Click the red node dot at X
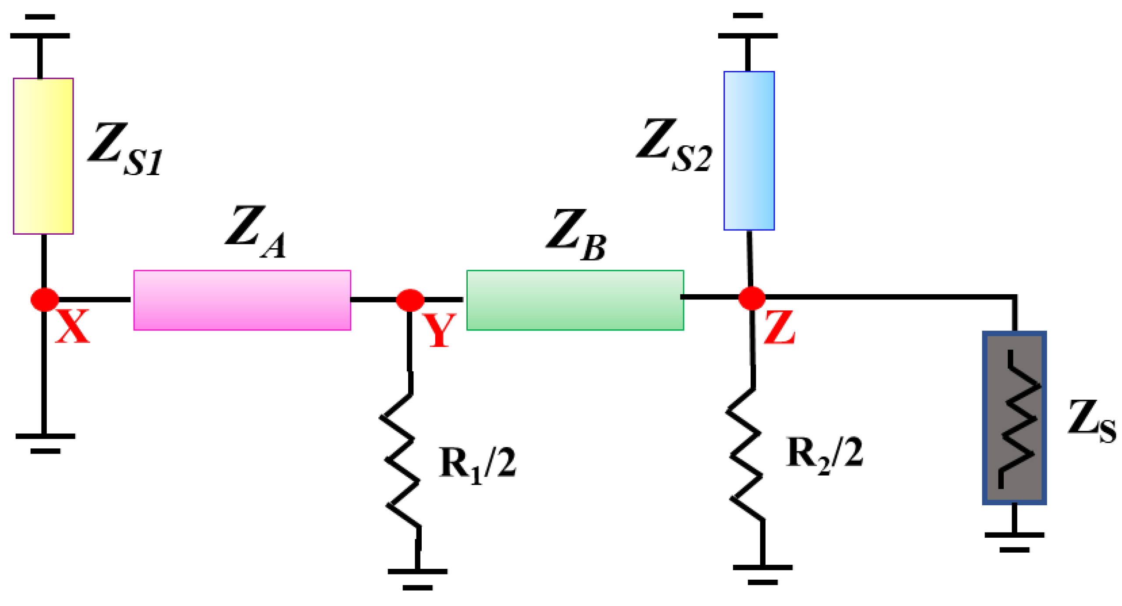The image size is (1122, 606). click(x=44, y=299)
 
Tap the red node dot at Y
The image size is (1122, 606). click(x=410, y=300)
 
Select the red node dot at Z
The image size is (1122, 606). click(x=752, y=298)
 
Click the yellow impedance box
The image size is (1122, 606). click(x=43, y=156)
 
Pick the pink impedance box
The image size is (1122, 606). click(x=242, y=300)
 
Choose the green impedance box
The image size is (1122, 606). click(x=575, y=300)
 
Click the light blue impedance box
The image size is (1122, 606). click(x=749, y=150)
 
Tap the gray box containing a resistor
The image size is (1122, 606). click(x=1014, y=418)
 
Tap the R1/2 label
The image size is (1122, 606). click(x=477, y=465)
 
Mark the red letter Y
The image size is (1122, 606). click(x=440, y=331)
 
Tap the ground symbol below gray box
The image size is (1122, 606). click(x=1014, y=540)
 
